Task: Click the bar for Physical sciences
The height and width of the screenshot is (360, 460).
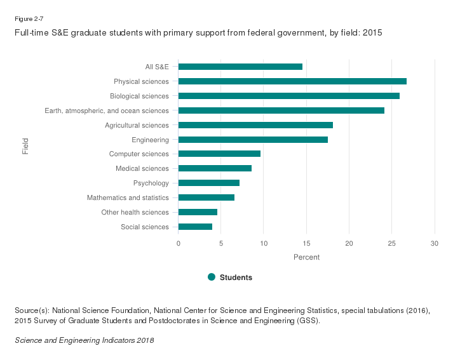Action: (x=292, y=81)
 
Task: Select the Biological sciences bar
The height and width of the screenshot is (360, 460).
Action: (x=289, y=96)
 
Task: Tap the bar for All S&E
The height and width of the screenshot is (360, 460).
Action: (x=240, y=67)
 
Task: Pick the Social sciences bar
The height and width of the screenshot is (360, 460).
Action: (x=195, y=227)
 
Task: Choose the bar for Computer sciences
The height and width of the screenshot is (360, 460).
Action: (x=219, y=154)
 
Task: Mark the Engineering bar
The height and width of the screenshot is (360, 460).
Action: (x=253, y=140)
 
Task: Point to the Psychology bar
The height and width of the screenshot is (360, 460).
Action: (x=209, y=183)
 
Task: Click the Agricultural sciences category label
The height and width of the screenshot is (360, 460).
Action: (x=137, y=125)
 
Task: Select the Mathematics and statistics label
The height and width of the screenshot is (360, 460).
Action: (x=128, y=197)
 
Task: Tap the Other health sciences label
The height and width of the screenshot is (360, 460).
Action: (x=135, y=212)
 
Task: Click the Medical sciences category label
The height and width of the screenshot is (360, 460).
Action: (x=142, y=168)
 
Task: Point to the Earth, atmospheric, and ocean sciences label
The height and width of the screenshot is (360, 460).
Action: (x=107, y=110)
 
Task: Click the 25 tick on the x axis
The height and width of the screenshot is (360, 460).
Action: (x=392, y=244)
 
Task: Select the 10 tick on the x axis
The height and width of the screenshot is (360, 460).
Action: (x=264, y=244)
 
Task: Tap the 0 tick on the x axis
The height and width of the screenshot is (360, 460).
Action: (x=179, y=244)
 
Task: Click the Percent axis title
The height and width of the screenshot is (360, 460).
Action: (x=306, y=257)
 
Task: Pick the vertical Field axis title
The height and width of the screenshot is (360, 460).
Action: (x=25, y=147)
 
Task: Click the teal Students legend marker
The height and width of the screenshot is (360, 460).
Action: (x=212, y=277)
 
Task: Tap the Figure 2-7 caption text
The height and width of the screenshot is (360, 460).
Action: (x=29, y=19)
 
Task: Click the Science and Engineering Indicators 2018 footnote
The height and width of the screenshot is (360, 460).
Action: (x=84, y=340)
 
